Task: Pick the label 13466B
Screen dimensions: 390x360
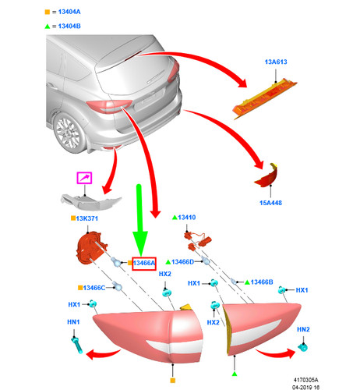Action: [259, 281]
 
